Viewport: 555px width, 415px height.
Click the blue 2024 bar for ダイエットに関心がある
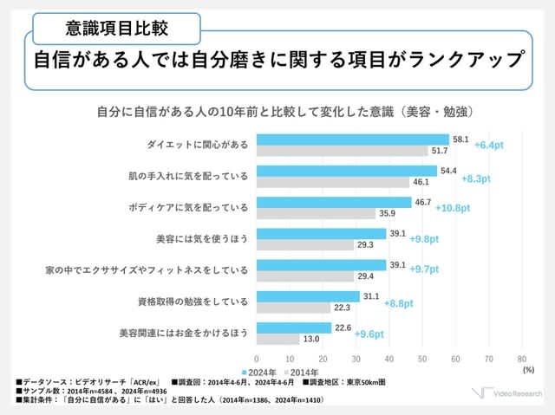(353, 139)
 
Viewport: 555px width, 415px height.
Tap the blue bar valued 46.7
(334, 202)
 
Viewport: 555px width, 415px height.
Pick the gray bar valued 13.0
(278, 339)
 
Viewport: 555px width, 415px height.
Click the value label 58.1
(460, 139)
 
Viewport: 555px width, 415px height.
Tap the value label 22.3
(343, 308)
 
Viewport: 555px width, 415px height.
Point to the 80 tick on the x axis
(521, 358)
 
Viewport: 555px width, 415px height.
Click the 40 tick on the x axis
(389, 358)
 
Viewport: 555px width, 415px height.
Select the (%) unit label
(528, 369)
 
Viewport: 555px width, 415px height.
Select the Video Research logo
(507, 395)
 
